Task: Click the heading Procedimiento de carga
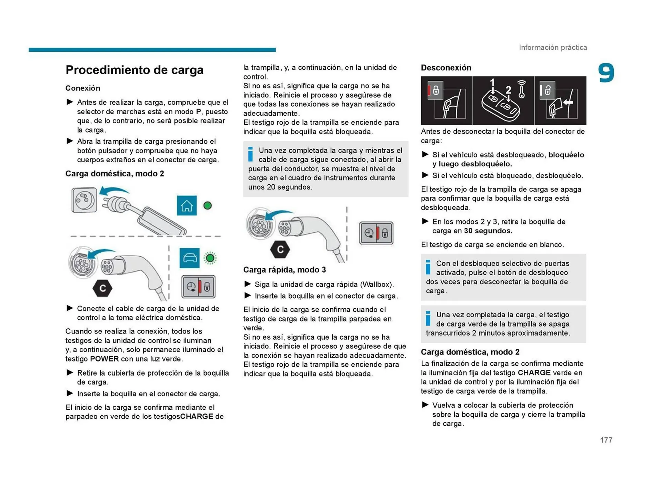point(134,70)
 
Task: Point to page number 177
point(606,440)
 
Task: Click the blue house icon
point(187,205)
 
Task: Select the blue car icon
point(189,258)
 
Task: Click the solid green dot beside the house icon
point(208,206)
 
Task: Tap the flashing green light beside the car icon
point(210,258)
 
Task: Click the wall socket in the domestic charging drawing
point(84,200)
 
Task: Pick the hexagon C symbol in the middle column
point(280,249)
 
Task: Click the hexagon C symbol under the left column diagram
point(102,288)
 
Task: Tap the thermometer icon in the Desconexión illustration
point(521,90)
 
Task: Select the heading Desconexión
point(446,68)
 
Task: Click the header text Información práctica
point(553,47)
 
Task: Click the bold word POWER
point(104,359)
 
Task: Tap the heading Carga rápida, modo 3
point(284,270)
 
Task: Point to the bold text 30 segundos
point(488,231)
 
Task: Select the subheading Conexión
point(83,88)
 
